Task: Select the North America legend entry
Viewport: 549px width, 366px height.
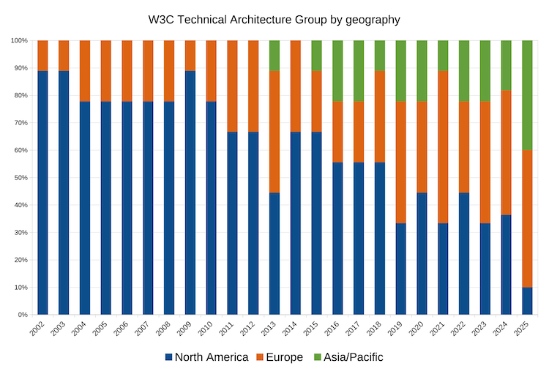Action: tap(206, 356)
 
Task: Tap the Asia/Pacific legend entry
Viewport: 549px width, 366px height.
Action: tap(351, 356)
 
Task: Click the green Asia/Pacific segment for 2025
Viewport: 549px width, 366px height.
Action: tap(527, 95)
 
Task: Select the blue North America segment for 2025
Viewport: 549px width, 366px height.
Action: tap(527, 301)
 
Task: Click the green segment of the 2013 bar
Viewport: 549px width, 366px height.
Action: tap(274, 55)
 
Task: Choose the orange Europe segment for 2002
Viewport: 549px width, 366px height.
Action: tap(42, 55)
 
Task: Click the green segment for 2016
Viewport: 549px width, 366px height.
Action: tap(337, 70)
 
